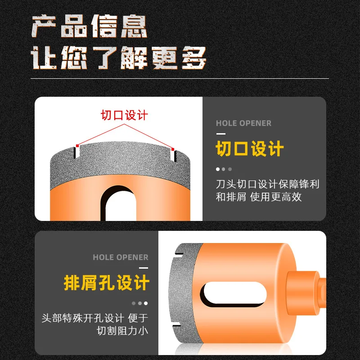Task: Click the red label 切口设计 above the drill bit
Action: pos(124,115)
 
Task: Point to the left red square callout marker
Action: pos(77,145)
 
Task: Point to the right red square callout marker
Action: pos(173,149)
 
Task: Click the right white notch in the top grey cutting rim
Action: pos(173,156)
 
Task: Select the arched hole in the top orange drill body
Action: pos(121,202)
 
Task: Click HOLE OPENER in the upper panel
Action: pos(243,123)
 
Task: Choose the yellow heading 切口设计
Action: pos(250,149)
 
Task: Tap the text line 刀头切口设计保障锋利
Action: pos(268,184)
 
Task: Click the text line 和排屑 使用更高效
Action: pos(259,197)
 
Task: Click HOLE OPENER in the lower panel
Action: pos(120,257)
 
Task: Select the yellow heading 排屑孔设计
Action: pos(106,283)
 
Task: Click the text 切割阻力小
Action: pos(122,331)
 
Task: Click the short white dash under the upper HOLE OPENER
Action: pos(220,134)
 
